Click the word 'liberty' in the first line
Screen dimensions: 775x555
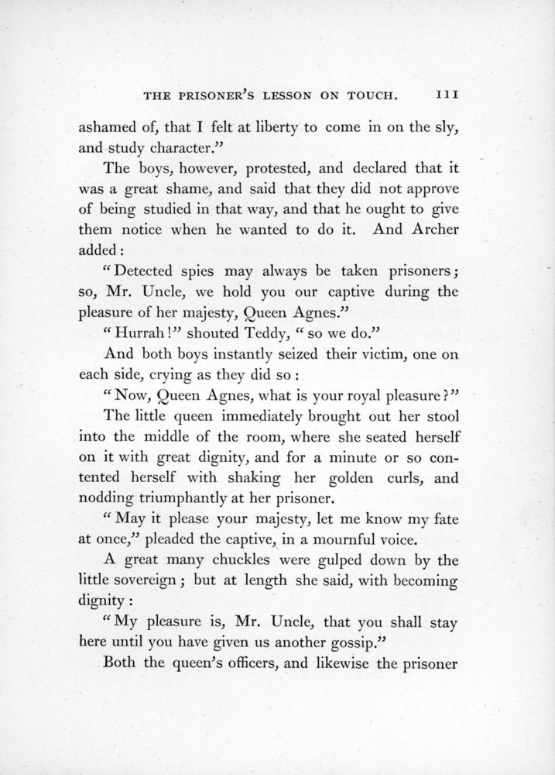(271, 127)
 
